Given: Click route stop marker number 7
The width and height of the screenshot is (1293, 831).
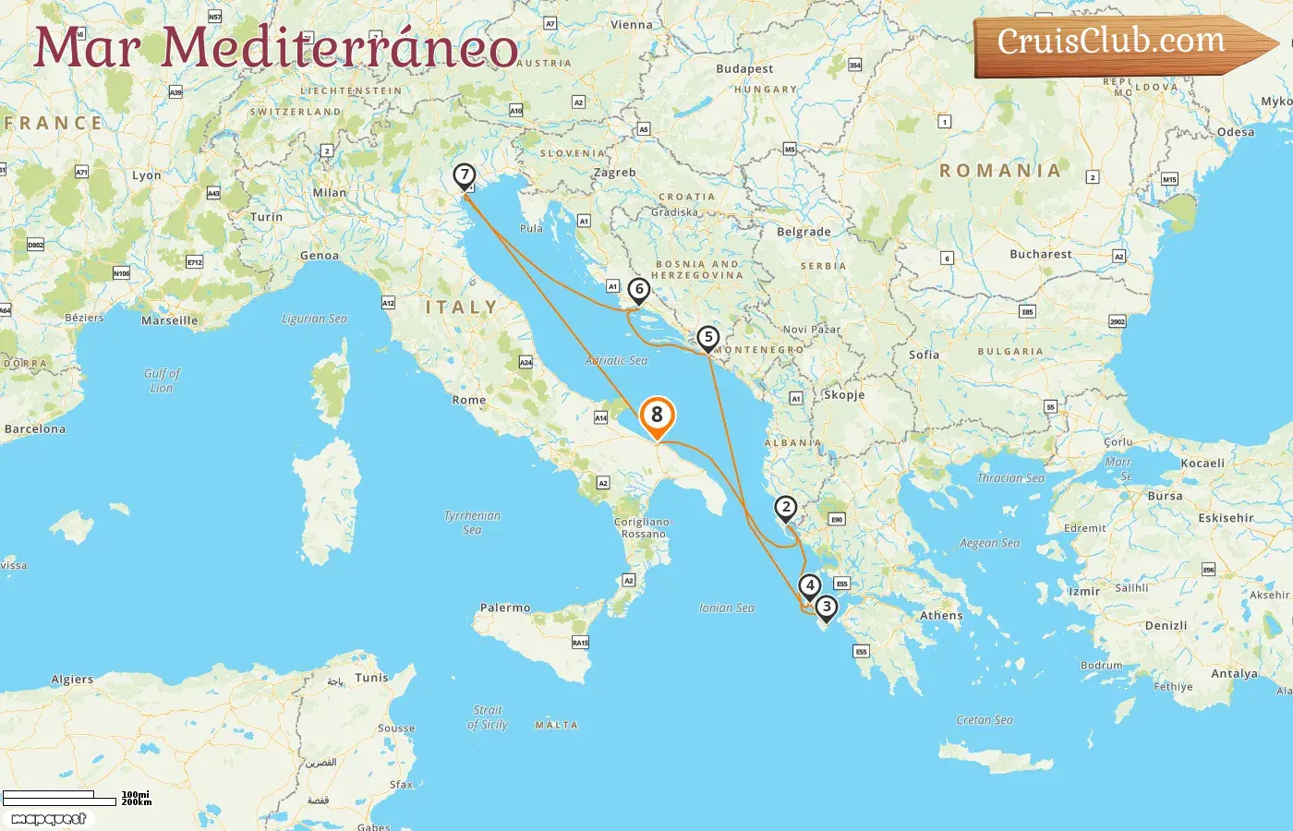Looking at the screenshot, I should click(x=465, y=175).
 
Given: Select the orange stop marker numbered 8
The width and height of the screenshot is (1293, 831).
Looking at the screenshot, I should click(x=657, y=416).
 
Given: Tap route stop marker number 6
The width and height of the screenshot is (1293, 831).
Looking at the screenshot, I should click(x=638, y=290).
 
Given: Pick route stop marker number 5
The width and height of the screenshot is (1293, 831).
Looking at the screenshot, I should click(x=707, y=338).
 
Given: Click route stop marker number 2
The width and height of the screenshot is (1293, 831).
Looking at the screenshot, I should click(x=785, y=508).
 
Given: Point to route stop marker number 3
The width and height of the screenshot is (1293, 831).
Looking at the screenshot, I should click(x=826, y=608).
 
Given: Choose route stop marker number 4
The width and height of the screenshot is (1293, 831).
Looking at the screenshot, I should click(x=809, y=585).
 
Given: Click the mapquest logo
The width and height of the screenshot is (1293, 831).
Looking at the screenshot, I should click(x=49, y=819).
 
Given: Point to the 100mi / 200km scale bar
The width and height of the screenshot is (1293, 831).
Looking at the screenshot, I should click(x=74, y=798).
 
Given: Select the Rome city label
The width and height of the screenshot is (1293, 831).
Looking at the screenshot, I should click(x=468, y=400).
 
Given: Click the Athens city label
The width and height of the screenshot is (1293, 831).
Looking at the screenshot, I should click(x=940, y=616).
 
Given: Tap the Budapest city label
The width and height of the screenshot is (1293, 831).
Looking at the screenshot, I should click(x=744, y=69).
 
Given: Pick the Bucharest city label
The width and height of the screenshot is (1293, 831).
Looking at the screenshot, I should click(x=1041, y=254).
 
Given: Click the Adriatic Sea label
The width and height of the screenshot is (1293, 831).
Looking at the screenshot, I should click(x=616, y=361).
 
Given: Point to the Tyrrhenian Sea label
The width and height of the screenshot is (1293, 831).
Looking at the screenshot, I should click(x=472, y=523).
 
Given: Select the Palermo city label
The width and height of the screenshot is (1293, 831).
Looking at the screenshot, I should click(x=505, y=608).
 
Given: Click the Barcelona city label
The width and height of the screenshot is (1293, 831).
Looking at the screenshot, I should click(x=35, y=429).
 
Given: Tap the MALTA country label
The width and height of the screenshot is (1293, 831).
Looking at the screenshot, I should click(x=556, y=726).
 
